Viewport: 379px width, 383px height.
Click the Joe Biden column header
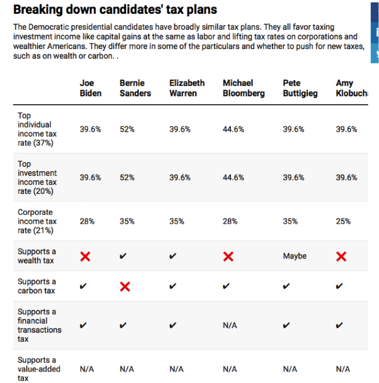pos(90,88)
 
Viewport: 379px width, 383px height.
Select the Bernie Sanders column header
pos(135,88)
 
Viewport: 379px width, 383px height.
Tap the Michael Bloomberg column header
pos(243,88)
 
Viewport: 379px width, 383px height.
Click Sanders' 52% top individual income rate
pos(127,129)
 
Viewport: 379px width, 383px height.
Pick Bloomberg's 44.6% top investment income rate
pos(233,177)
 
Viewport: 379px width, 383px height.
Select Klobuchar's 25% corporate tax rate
pos(343,221)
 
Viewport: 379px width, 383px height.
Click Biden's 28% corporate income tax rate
pos(87,221)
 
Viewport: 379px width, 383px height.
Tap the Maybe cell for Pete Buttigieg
pos(295,256)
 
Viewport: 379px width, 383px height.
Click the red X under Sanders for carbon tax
pos(125,287)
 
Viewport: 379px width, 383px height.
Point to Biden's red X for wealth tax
pos(85,257)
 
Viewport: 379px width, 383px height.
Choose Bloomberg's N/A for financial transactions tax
pos(230,326)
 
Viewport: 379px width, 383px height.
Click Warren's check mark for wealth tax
pos(173,256)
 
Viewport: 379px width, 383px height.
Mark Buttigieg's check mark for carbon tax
pos(286,286)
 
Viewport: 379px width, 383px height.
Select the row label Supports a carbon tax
pos(36,286)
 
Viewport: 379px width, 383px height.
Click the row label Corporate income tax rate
pos(37,221)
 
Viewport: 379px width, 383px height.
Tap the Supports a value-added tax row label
pos(39,369)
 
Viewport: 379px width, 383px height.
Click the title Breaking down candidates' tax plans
pos(115,10)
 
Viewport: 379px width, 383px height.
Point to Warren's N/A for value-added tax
pos(176,369)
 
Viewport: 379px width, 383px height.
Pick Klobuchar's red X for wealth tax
pos(341,257)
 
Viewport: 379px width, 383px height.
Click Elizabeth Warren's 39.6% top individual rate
pos(180,129)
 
